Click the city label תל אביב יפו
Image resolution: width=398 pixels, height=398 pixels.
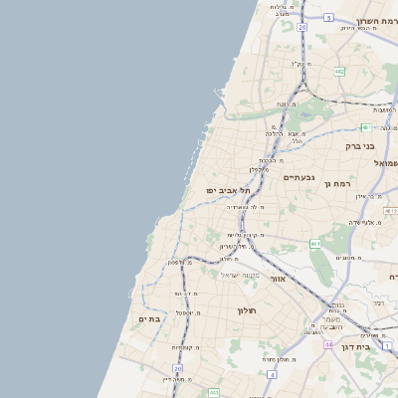coord(227,189)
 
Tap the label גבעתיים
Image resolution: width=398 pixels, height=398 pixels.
coord(298,177)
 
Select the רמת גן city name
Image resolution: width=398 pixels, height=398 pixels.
coord(338,184)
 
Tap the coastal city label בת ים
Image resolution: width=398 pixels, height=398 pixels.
coord(149,318)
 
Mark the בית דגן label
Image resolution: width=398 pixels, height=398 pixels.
coord(376,347)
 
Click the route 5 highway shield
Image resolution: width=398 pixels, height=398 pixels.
coord(328,18)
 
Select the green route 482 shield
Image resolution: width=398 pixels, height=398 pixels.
coord(339,72)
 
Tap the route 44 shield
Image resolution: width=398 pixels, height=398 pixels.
coord(328,343)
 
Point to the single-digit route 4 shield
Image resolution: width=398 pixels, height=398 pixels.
coord(271,374)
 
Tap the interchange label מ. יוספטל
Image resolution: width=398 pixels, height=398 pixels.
coord(185,312)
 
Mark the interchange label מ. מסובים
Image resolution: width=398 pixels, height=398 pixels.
coord(348,257)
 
